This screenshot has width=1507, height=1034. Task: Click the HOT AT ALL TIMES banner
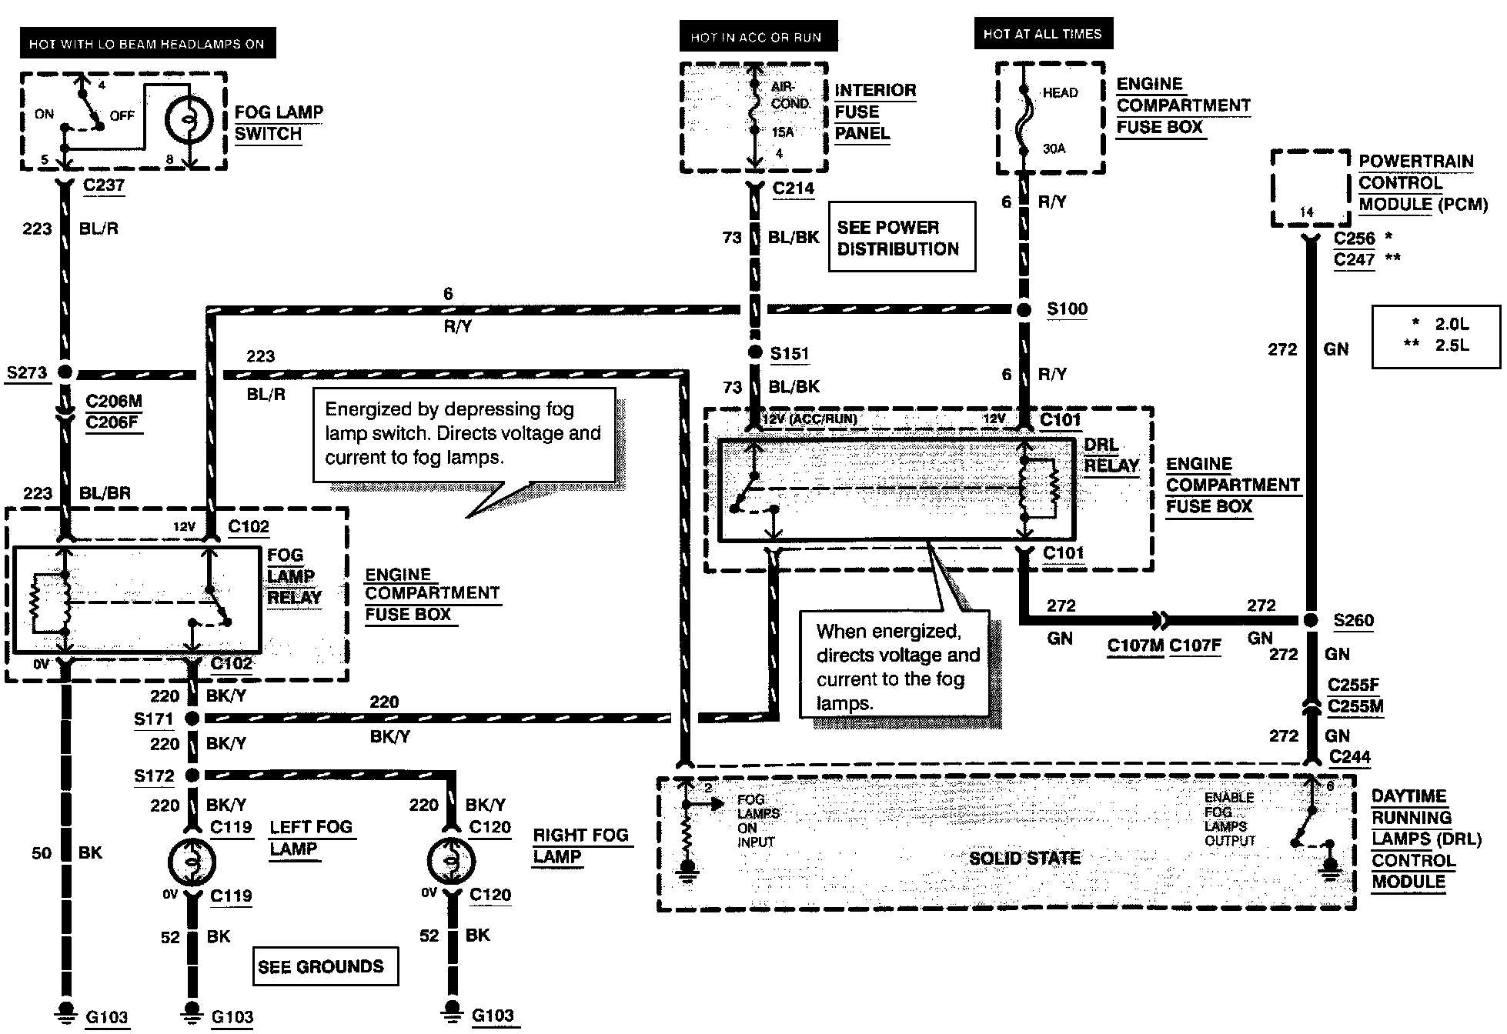pyautogui.click(x=1043, y=34)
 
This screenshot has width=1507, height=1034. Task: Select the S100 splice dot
pyautogui.click(x=1024, y=309)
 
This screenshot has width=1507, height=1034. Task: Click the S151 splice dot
pyautogui.click(x=755, y=353)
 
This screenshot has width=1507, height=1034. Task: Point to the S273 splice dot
pyautogui.click(x=65, y=372)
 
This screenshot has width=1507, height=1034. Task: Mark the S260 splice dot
pyautogui.click(x=1308, y=620)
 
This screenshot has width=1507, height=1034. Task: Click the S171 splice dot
pyautogui.click(x=192, y=718)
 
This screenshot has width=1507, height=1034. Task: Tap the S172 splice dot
pyautogui.click(x=192, y=775)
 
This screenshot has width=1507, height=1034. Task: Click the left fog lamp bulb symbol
pyautogui.click(x=192, y=861)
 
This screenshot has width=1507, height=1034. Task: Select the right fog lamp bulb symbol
pyautogui.click(x=452, y=861)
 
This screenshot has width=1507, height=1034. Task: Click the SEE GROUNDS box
pyautogui.click(x=326, y=966)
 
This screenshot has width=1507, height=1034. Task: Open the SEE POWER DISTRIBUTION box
pyautogui.click(x=902, y=237)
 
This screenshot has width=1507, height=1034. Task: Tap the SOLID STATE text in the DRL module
pyautogui.click(x=1024, y=858)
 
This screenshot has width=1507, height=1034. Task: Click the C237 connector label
pyautogui.click(x=104, y=185)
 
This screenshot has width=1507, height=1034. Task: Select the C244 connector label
pyautogui.click(x=1350, y=757)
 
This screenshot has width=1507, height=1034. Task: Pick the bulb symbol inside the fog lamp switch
pyautogui.click(x=189, y=119)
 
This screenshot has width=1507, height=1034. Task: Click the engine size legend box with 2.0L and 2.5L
pyautogui.click(x=1436, y=337)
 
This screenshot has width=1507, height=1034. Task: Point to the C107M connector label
pyautogui.click(x=1135, y=645)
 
